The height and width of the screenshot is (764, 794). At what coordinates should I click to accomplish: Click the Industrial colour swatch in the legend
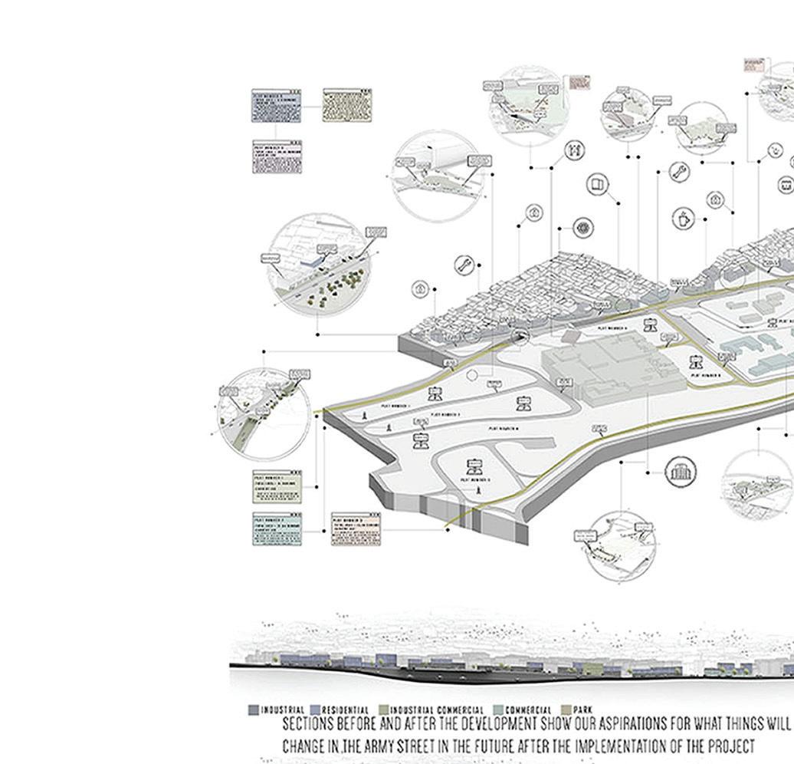pos(253,710)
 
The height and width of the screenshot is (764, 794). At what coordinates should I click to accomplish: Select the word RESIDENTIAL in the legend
pos(345,710)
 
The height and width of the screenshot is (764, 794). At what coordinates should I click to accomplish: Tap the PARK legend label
pos(583,710)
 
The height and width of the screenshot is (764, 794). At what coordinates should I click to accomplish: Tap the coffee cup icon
pos(682,219)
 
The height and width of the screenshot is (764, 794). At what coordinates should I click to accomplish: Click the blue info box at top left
pos(276,105)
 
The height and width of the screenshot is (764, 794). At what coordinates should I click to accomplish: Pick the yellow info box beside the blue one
pos(346,105)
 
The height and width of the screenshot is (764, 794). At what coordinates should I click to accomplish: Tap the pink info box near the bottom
pos(356,529)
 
